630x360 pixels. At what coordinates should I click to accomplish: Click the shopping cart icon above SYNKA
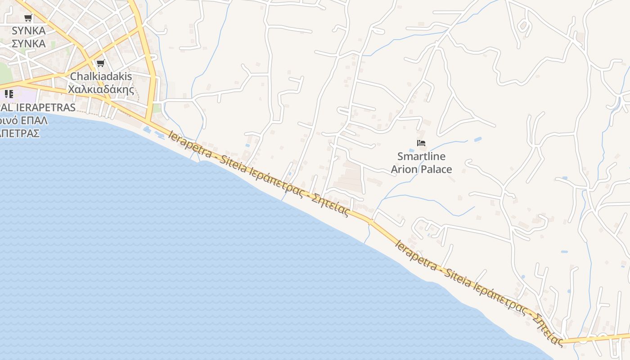(x=28, y=18)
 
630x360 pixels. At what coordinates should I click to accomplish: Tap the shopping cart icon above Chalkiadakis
(x=100, y=63)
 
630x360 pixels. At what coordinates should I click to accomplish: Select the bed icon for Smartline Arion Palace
(x=421, y=143)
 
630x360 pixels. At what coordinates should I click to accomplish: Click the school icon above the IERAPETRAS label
(x=9, y=94)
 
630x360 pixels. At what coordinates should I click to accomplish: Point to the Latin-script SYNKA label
(x=29, y=31)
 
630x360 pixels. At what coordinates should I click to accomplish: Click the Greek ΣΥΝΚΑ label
(x=29, y=44)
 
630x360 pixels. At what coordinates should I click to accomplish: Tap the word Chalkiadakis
(x=101, y=76)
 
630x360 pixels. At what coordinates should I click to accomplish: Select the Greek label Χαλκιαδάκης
(x=101, y=89)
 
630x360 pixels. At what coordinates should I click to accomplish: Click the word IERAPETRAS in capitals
(x=45, y=108)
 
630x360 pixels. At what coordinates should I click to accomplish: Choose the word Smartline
(x=421, y=157)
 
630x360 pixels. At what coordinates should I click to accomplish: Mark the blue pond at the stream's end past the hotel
(x=478, y=139)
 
